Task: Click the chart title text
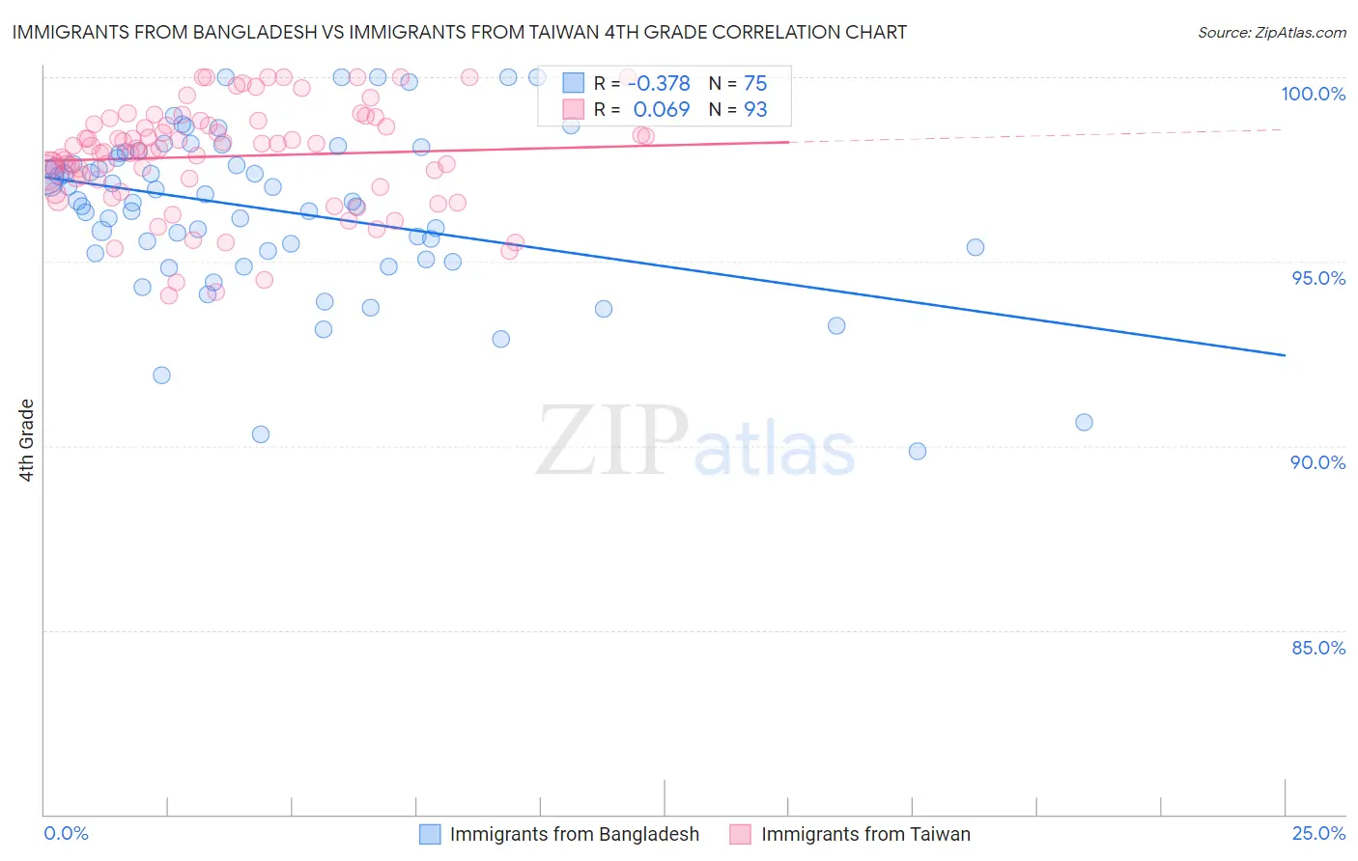pos(460,32)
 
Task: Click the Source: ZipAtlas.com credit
pos(1271,32)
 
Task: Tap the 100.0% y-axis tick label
pos(1313,94)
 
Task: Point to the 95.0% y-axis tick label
pos(1317,278)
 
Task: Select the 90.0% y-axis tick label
pos(1317,462)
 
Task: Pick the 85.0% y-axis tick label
pos(1317,648)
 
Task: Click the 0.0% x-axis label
pos(67,833)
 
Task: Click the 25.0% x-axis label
pos(1317,833)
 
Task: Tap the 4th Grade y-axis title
pos(27,440)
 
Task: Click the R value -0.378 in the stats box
pos(659,84)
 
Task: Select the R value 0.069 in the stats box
pos(662,110)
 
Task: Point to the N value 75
pos(755,84)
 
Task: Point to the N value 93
pos(755,110)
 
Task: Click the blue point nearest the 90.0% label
pos(1084,422)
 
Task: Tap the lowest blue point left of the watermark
pos(261,434)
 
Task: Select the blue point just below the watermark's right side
pos(918,451)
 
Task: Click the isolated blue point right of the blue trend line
pos(976,247)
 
